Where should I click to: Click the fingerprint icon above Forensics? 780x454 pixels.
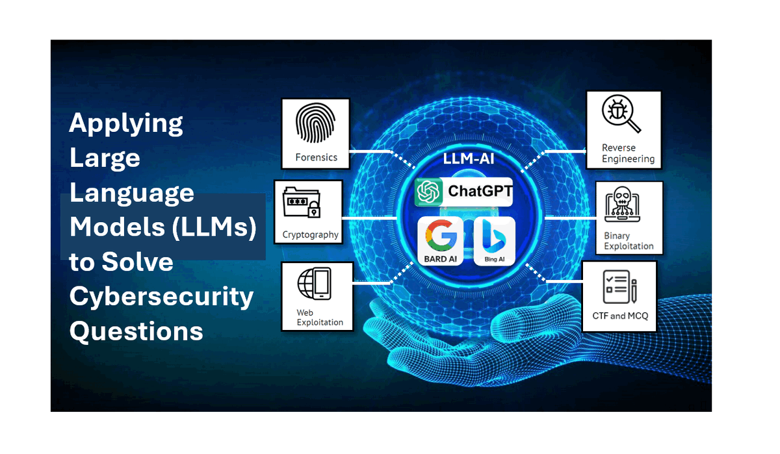tap(315, 123)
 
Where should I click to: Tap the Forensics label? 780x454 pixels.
tap(316, 158)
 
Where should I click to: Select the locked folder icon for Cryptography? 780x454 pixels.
tap(302, 203)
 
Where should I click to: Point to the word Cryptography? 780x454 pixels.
tap(310, 235)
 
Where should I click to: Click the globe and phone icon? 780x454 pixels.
tap(315, 284)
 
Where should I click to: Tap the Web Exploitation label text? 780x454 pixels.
tap(320, 317)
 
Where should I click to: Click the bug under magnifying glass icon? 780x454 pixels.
tap(621, 114)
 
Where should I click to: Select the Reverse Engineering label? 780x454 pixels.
tap(628, 153)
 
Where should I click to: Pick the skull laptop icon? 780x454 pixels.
tap(622, 204)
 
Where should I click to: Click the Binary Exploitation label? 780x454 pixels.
tap(629, 241)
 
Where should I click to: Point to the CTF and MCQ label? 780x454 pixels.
tap(620, 316)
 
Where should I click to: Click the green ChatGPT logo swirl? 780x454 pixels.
tap(428, 192)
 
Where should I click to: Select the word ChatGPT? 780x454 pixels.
tap(480, 191)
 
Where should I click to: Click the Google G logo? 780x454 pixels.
tap(441, 236)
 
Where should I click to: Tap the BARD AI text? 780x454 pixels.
tap(441, 259)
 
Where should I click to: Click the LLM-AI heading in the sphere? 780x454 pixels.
tap(469, 158)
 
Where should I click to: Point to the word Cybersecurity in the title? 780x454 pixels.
tap(161, 297)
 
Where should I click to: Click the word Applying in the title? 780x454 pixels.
tap(126, 123)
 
